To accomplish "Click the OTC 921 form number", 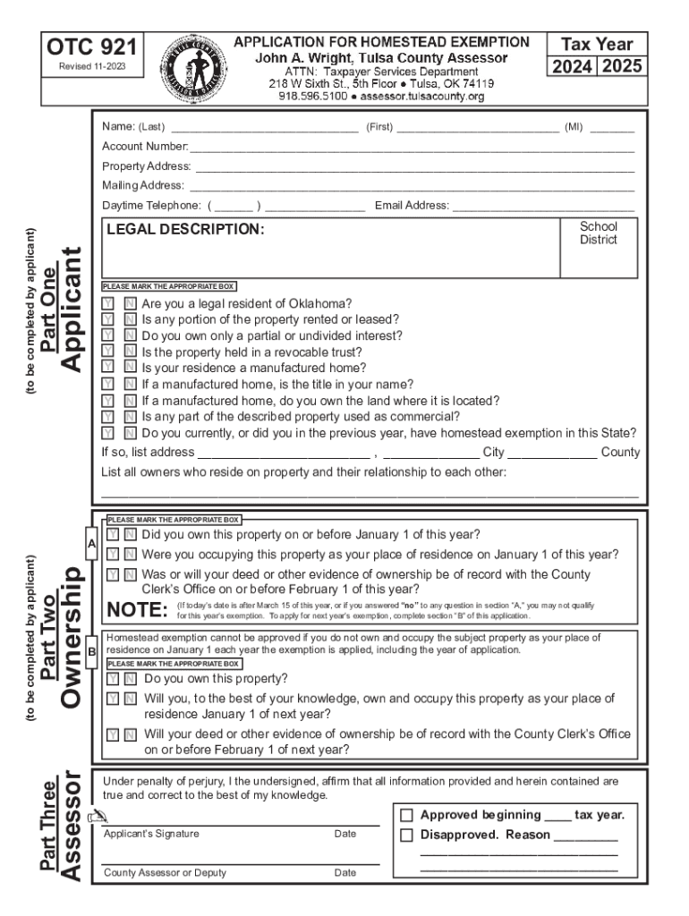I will point(92,48).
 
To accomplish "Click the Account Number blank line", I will point(412,147).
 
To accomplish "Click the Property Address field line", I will point(414,166).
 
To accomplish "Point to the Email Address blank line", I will point(543,206).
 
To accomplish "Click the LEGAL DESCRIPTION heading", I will point(185,230).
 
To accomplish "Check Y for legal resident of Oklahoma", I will point(108,304).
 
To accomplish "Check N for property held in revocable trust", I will point(129,352).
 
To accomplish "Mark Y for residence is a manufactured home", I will point(108,368).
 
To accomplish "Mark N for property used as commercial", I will point(129,417).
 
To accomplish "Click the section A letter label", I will point(91,544).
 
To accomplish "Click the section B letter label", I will point(91,652).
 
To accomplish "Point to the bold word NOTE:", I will point(137,611).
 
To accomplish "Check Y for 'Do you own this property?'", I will point(114,679).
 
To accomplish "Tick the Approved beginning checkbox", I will point(406,816).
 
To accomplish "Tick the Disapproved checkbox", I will point(406,835).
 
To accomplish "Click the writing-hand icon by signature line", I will point(98,816).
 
